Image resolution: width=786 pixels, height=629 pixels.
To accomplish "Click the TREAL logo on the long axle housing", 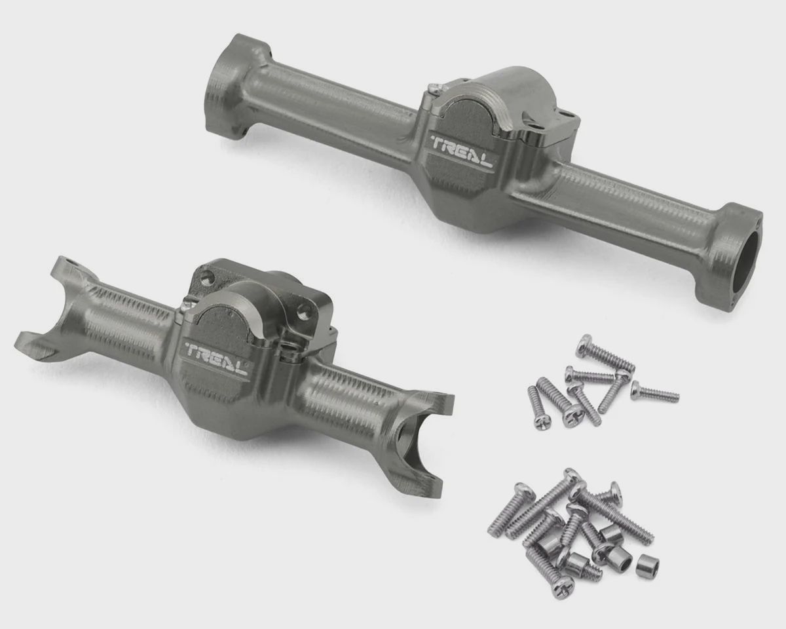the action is click(462, 151).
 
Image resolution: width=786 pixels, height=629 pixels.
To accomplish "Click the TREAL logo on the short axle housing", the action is click(216, 359).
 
